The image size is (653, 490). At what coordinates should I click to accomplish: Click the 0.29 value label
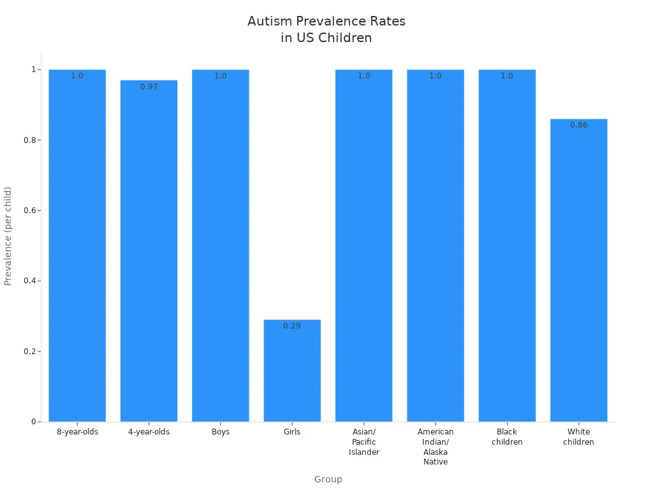[x=292, y=326]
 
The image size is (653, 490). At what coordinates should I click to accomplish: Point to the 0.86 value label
[x=578, y=125]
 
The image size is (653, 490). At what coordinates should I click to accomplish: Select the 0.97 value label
[x=149, y=87]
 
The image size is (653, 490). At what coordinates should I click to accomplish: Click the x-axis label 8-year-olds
[x=77, y=432]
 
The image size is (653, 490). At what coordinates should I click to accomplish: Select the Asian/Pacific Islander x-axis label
[x=363, y=442]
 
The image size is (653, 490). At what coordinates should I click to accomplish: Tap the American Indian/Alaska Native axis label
[x=436, y=447]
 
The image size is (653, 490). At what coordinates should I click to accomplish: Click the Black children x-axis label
[x=507, y=437]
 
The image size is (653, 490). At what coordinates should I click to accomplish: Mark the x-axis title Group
[x=328, y=479]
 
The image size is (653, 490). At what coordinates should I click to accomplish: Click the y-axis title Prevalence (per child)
[x=8, y=236]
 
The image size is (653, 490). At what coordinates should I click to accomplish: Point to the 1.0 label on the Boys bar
[x=220, y=76]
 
